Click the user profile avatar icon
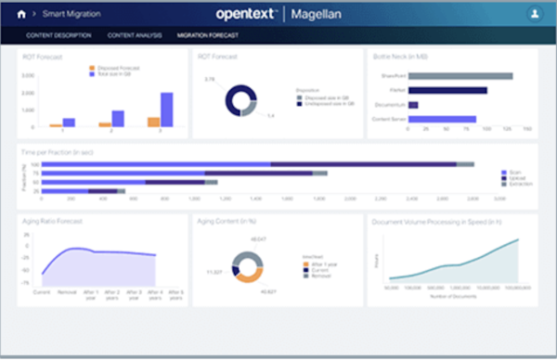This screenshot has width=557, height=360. [x=535, y=15]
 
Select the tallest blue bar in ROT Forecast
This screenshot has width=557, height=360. [x=166, y=109]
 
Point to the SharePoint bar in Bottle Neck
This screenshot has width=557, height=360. [x=460, y=76]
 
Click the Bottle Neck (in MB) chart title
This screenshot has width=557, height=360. [x=402, y=58]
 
